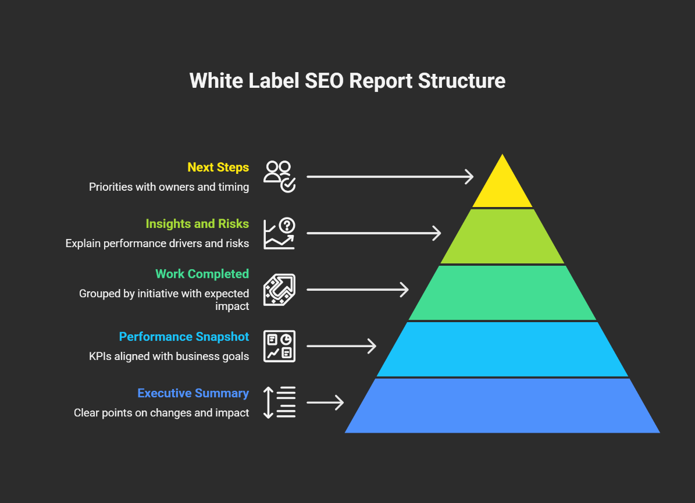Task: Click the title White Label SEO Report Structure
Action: tap(347, 80)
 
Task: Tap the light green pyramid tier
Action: tap(502, 236)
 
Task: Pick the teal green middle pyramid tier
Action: tap(502, 292)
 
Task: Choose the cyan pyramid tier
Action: tap(502, 349)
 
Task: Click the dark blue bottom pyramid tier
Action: tap(502, 405)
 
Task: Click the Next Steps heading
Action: tap(218, 167)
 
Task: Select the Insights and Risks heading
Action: tap(197, 224)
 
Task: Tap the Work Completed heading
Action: tap(202, 274)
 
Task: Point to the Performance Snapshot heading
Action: tap(184, 337)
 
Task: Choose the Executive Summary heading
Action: tap(193, 393)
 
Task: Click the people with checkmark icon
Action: tap(280, 176)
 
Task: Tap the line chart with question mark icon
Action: tap(280, 233)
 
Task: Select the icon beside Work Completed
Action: tap(280, 290)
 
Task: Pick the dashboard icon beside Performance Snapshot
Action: tap(280, 346)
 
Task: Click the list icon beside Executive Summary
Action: tap(280, 402)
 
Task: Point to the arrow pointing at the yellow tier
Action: tap(390, 176)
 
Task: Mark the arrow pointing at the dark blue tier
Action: tap(325, 402)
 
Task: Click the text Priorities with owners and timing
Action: tap(169, 187)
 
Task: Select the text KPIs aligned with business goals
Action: tap(169, 356)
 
